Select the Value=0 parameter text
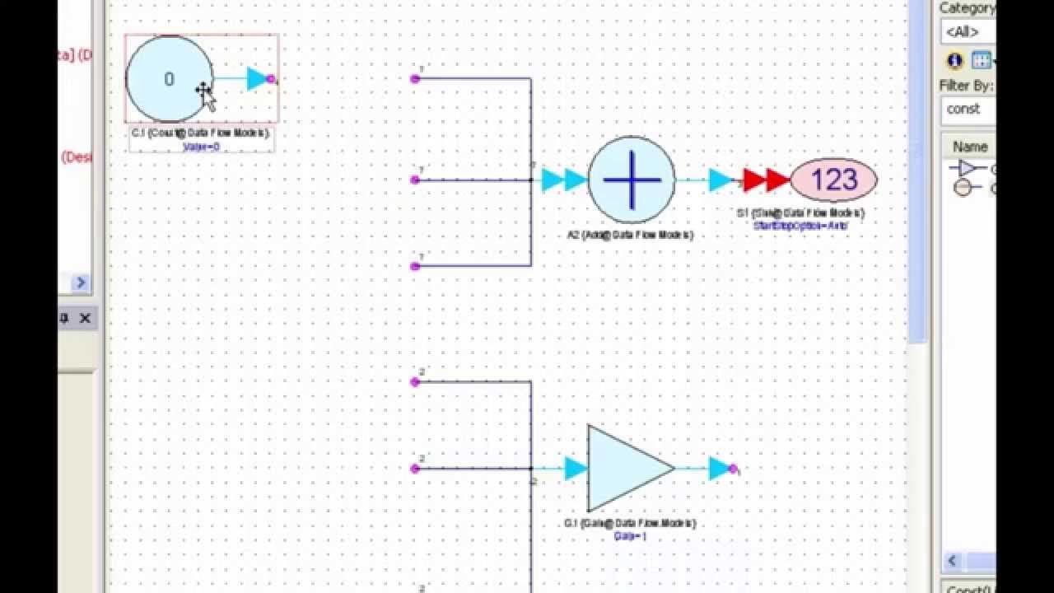202,147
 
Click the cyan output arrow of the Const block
258,79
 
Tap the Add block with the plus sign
632,180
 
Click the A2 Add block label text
630,236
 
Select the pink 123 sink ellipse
833,180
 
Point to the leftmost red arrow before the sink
754,180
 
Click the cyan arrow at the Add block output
720,180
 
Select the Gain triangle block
626,468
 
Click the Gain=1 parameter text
630,536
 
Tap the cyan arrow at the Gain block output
720,469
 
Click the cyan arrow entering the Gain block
576,469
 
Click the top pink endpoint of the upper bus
415,79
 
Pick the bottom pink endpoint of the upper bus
415,266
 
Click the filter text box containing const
968,109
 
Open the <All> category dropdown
968,32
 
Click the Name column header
970,147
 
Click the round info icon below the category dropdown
954,60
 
